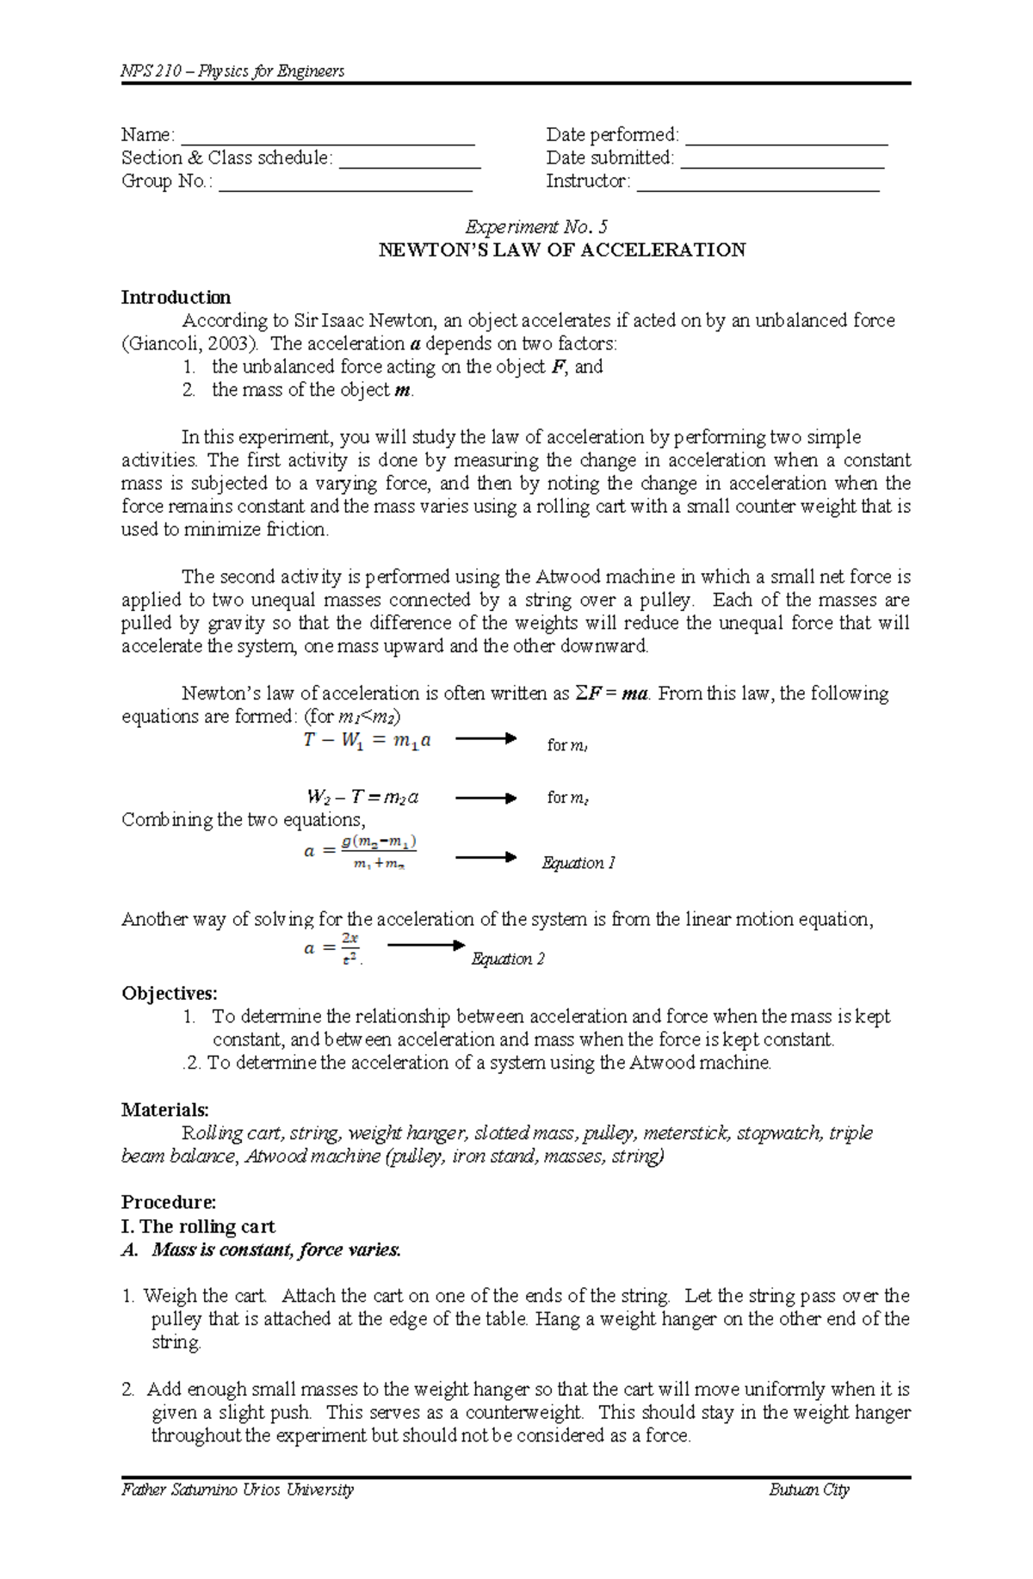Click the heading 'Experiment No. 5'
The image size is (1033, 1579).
(535, 227)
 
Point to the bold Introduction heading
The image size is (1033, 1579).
(176, 298)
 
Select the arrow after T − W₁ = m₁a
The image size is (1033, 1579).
(485, 738)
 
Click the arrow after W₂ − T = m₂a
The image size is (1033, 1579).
(485, 798)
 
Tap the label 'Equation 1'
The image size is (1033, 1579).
(578, 863)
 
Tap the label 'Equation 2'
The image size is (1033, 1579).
(508, 959)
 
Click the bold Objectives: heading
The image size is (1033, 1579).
(170, 994)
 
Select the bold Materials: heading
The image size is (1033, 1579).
(165, 1110)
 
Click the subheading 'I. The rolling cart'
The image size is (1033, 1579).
(198, 1226)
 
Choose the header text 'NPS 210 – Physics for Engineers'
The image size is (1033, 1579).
(232, 71)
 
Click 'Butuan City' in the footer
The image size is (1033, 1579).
(808, 1490)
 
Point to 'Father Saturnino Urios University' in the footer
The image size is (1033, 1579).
(238, 1490)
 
